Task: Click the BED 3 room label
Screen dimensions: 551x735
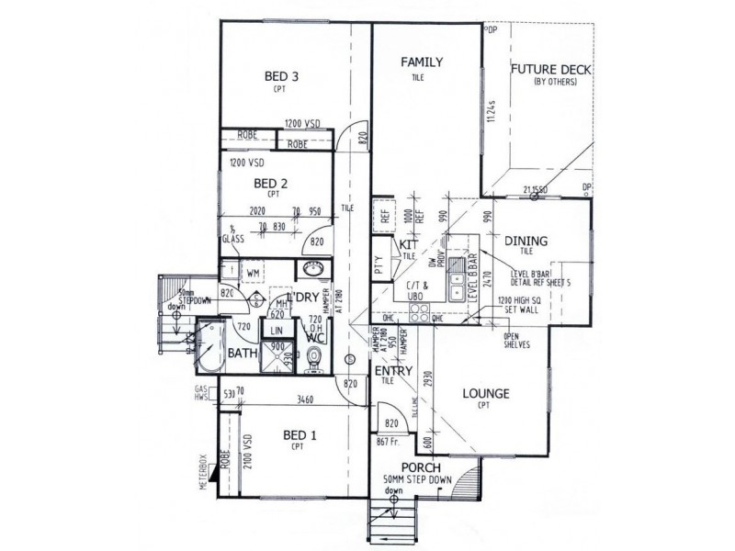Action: tap(277, 77)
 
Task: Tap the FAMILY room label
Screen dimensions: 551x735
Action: tap(422, 62)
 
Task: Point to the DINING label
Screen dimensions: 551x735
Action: tap(526, 242)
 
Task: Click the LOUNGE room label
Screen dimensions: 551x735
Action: tap(486, 395)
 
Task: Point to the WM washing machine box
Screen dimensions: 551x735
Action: tap(253, 273)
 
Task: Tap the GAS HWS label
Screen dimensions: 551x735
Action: tap(201, 394)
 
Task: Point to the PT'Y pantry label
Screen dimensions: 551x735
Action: tap(379, 272)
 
